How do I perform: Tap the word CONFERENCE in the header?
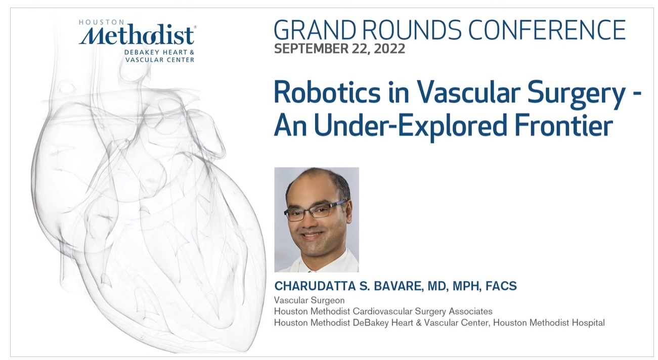click(547, 30)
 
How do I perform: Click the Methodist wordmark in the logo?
click(137, 35)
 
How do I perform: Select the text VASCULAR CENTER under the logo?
click(160, 60)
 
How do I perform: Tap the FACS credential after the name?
click(501, 286)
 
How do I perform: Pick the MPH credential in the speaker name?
click(466, 286)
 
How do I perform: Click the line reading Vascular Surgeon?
click(309, 300)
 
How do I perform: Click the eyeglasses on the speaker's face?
click(315, 210)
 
